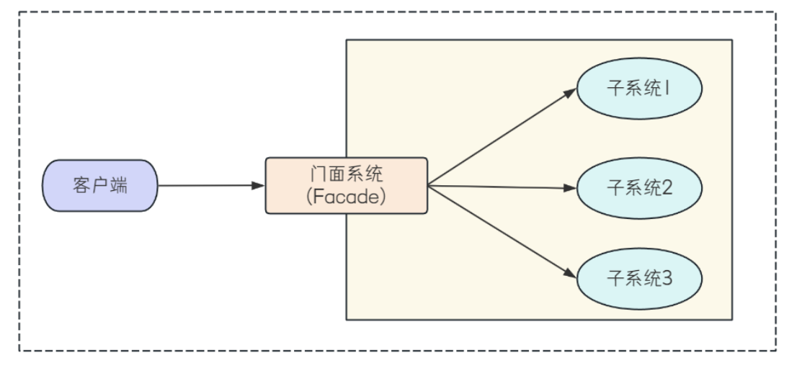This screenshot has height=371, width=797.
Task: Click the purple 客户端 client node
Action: [x=99, y=185]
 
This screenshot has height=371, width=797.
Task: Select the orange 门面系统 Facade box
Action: [x=346, y=185]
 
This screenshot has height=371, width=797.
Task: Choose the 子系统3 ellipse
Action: [x=640, y=278]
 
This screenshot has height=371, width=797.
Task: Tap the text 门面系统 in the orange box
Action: [x=347, y=175]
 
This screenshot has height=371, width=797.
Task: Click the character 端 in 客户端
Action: [x=119, y=185]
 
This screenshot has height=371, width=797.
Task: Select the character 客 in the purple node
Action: [x=81, y=185]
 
